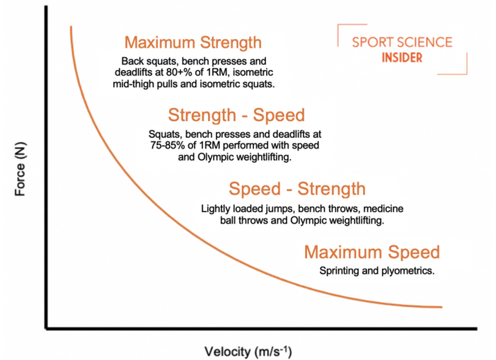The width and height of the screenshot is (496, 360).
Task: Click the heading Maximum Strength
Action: [192, 42]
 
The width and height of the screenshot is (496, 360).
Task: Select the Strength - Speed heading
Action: [236, 115]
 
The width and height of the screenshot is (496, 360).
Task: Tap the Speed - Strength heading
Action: [297, 189]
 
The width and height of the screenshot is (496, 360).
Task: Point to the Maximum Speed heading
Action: [371, 252]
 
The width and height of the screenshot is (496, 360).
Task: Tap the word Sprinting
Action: [341, 271]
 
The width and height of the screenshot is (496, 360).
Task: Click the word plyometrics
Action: [408, 271]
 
